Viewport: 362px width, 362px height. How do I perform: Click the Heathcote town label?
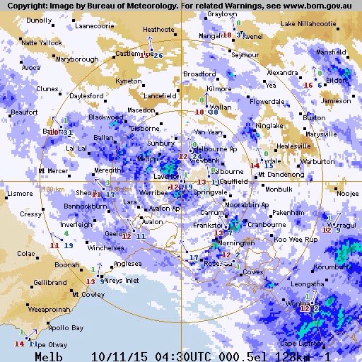[158, 30]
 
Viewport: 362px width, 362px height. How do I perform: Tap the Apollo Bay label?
[68, 328]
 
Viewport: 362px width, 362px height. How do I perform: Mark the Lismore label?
[19, 192]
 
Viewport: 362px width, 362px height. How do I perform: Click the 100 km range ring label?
[53, 189]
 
